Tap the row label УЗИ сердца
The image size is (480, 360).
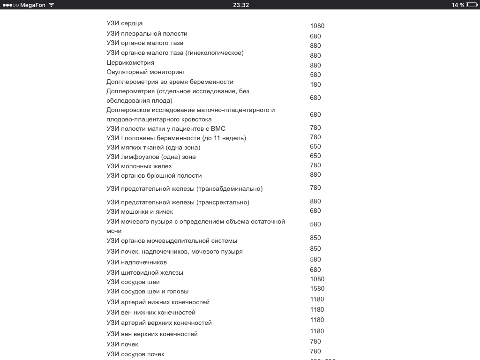(x=124, y=23)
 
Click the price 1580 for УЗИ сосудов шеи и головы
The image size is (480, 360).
(x=317, y=288)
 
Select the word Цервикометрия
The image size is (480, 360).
(x=130, y=62)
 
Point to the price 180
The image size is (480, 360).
(x=315, y=84)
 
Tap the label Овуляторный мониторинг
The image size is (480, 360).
(x=146, y=72)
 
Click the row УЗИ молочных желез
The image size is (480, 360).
(x=139, y=166)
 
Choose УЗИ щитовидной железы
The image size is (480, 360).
(x=144, y=272)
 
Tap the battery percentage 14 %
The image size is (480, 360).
(x=458, y=5)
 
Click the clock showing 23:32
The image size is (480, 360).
(x=240, y=5)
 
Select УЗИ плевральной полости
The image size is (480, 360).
(x=147, y=33)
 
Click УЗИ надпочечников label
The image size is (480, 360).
(x=136, y=262)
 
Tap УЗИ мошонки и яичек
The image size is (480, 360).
(x=140, y=211)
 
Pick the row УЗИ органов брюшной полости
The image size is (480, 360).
(x=154, y=175)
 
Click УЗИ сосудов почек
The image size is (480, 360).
(x=135, y=354)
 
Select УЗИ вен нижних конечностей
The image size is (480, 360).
(x=151, y=312)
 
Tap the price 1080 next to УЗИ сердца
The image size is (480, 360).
(x=317, y=26)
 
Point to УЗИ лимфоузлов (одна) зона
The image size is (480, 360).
(x=151, y=157)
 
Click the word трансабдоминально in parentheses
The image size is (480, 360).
(x=229, y=188)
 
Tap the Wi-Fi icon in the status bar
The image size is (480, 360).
(x=51, y=5)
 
